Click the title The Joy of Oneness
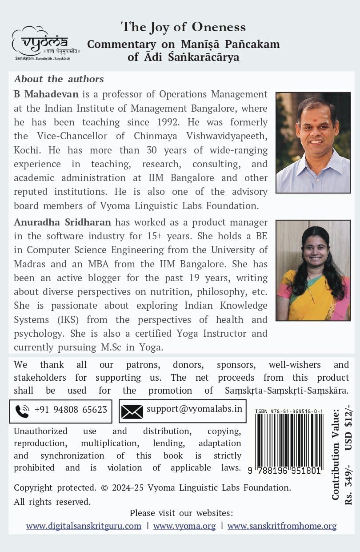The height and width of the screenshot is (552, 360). [183, 27]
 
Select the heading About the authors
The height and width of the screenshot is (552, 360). [59, 79]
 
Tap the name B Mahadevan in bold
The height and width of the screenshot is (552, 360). [46, 94]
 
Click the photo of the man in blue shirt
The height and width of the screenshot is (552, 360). [313, 142]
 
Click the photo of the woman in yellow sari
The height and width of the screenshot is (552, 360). [313, 270]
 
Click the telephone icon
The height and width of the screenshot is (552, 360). [22, 411]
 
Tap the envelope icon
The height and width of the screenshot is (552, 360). [132, 411]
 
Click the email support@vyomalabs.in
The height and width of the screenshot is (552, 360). [194, 408]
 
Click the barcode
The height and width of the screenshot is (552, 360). [289, 440]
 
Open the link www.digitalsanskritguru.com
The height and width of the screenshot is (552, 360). [84, 526]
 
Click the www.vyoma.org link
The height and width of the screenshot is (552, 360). [184, 526]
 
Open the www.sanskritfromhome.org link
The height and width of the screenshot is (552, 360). [282, 526]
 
